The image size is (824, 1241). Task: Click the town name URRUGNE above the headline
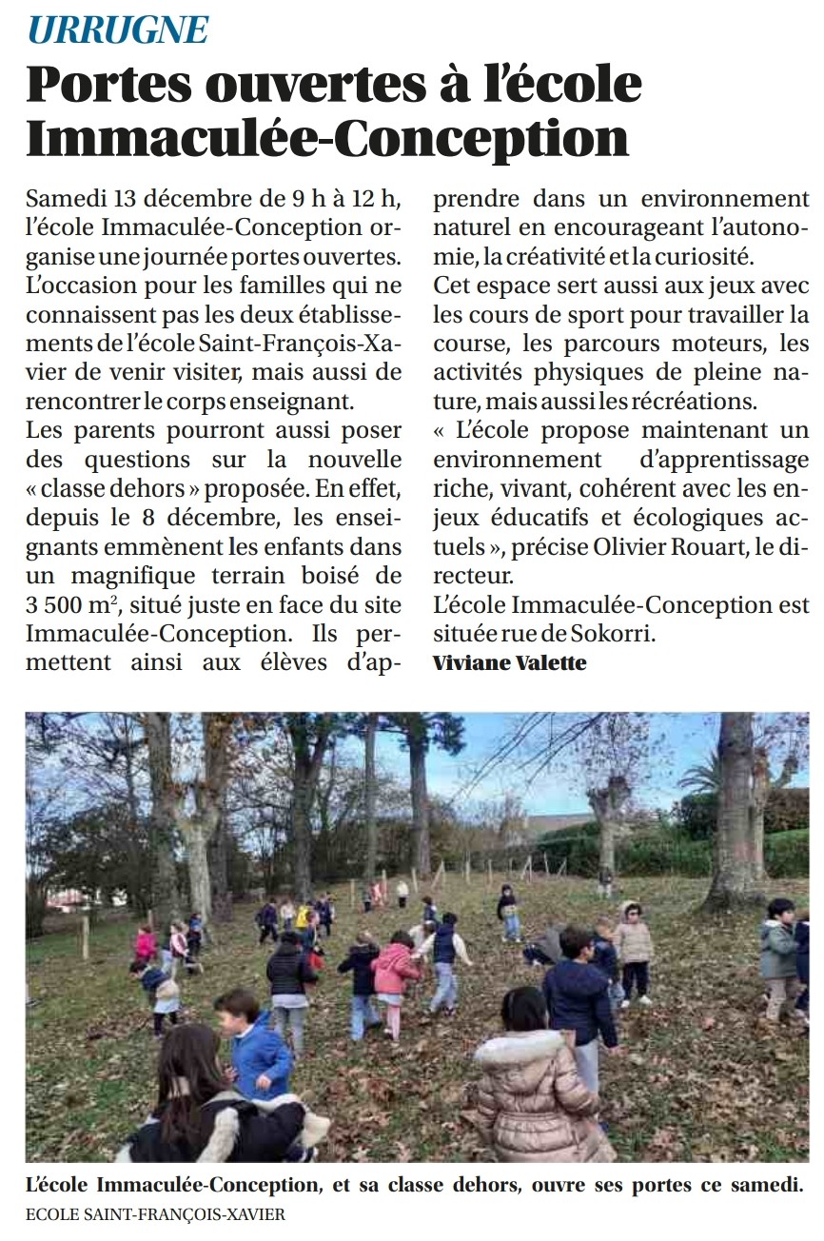tap(118, 30)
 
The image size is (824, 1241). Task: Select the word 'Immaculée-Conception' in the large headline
tap(327, 137)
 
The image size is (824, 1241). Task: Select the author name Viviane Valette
tap(509, 663)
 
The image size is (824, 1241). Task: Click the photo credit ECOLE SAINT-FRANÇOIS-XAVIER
tap(155, 1214)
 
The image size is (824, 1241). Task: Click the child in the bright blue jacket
tap(255, 1047)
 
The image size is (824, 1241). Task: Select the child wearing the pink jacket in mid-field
tap(393, 975)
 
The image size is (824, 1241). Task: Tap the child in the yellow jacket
tap(304, 917)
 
